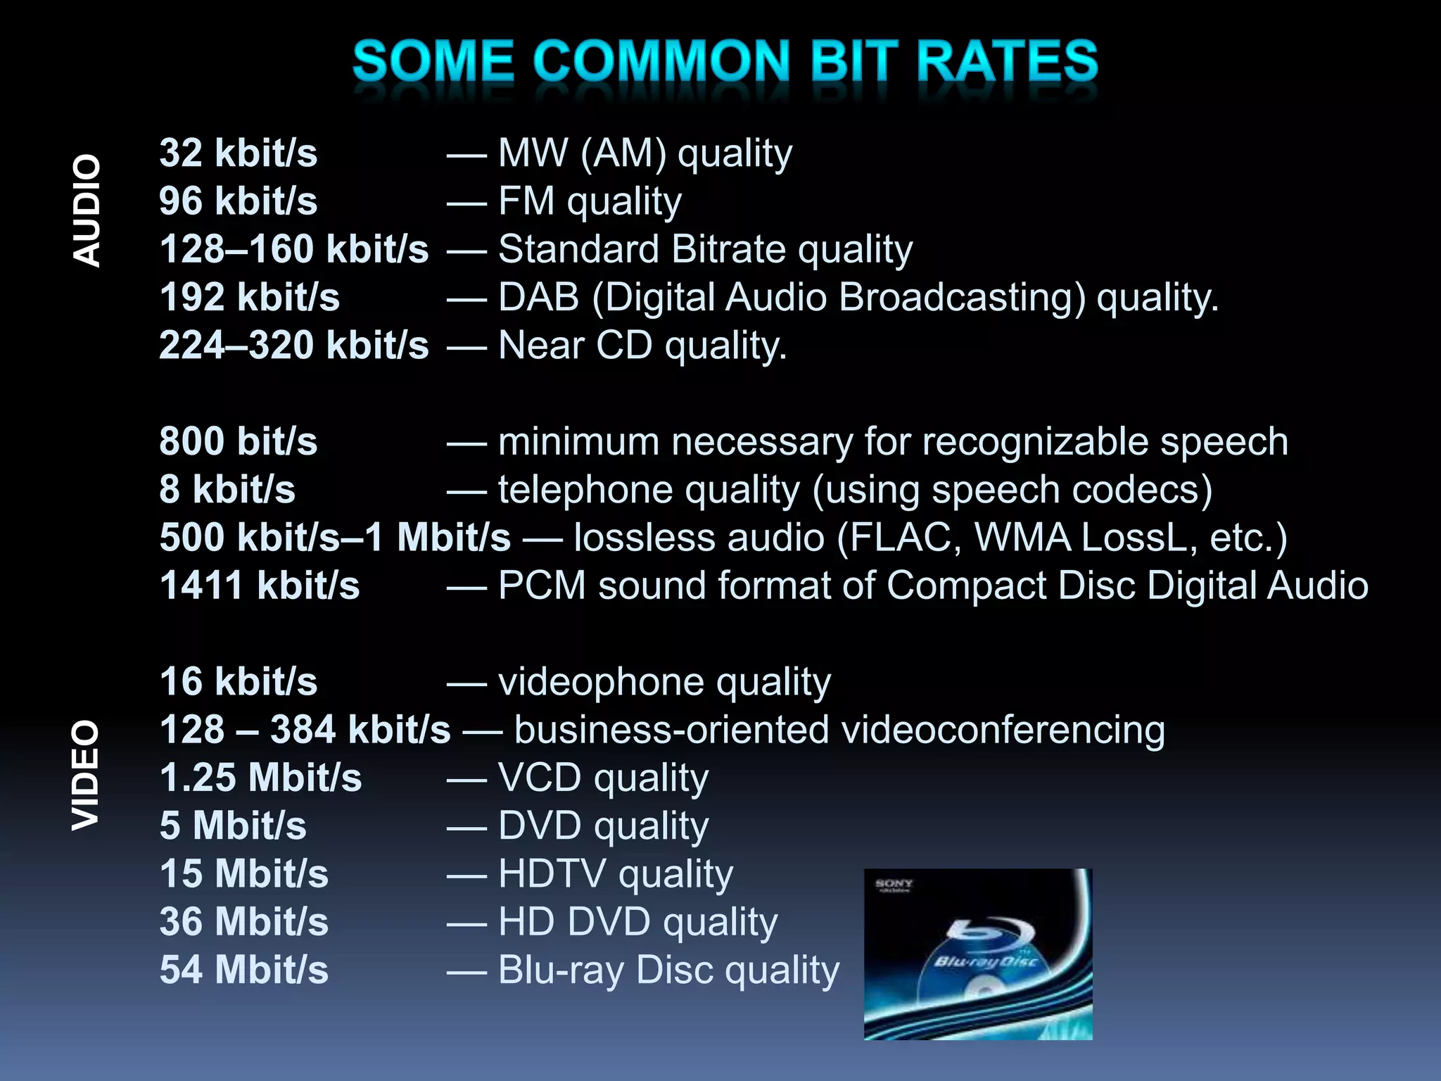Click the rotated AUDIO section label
87,210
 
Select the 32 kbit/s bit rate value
238,153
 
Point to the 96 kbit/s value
238,201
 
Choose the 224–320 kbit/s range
293,345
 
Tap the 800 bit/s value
238,441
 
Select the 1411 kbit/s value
259,586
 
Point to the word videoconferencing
1003,730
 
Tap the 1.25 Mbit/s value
260,778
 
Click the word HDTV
552,874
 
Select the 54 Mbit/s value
243,970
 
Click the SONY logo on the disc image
894,884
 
